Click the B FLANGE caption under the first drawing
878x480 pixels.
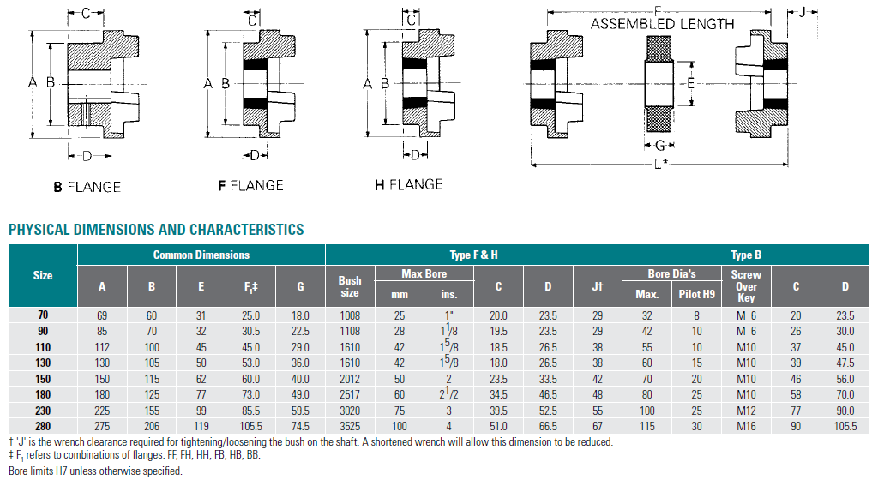[x=87, y=187]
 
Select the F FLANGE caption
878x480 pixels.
[x=251, y=186]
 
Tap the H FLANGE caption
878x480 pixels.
[x=409, y=184]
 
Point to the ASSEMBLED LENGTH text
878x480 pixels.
[x=663, y=24]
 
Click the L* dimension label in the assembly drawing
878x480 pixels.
[x=661, y=164]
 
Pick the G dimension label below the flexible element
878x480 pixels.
[x=659, y=146]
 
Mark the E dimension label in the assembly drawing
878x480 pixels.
[x=690, y=83]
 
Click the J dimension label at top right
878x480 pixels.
[x=802, y=11]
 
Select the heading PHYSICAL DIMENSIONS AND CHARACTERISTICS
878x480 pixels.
[x=156, y=230]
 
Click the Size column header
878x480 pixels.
[x=43, y=275]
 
